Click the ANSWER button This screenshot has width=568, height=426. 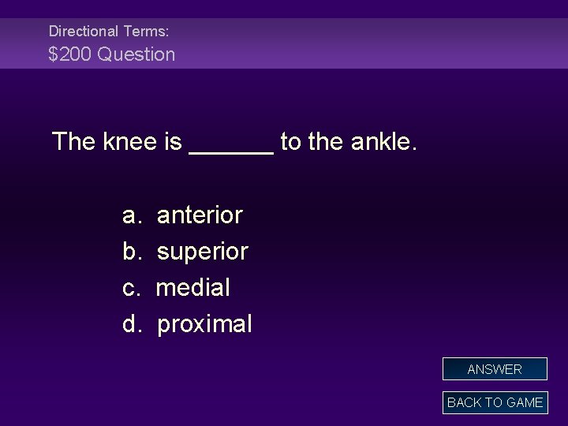495,369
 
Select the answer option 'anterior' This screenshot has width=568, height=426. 200,215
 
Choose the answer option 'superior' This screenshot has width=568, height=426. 203,252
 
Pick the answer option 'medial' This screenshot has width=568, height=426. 193,288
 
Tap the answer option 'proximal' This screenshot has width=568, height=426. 205,324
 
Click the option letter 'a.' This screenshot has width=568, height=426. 132,215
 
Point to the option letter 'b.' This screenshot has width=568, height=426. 132,252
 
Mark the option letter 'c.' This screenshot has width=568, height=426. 132,288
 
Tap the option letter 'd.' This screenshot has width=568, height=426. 132,324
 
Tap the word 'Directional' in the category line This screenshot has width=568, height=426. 83,32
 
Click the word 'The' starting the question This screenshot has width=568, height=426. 73,143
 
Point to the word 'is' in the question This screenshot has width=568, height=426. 174,143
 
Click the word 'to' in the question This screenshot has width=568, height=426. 290,143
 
